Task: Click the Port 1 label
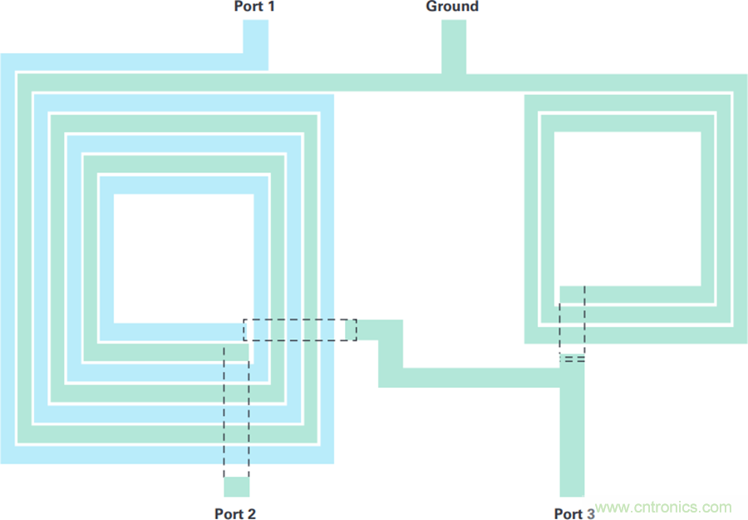click(x=254, y=7)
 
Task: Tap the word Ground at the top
click(x=452, y=7)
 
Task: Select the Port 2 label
click(x=235, y=513)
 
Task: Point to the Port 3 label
click(x=574, y=513)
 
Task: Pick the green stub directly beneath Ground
click(x=453, y=46)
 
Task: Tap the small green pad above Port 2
click(x=237, y=486)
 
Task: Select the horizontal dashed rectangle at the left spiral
click(x=299, y=330)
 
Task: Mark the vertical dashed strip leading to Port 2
click(x=237, y=412)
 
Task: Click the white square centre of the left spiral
click(x=183, y=258)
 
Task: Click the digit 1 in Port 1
click(x=270, y=7)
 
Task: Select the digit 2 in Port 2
click(x=251, y=513)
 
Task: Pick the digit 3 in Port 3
click(x=590, y=513)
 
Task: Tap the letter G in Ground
click(x=432, y=7)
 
